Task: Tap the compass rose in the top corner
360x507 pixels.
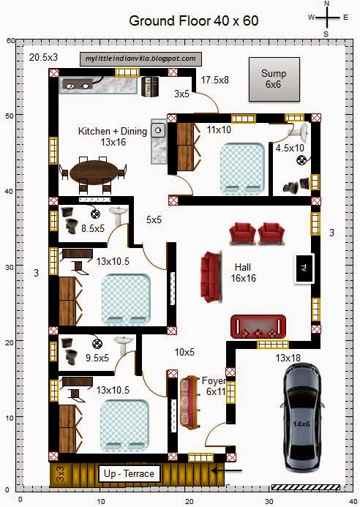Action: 326,16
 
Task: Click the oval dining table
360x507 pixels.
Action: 97,172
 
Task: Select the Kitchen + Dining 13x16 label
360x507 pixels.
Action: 113,137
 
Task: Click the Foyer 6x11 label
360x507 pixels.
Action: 214,386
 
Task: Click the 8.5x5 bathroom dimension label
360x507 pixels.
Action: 93,228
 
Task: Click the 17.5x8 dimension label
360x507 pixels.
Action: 216,79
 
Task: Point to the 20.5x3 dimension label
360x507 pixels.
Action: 44,56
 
